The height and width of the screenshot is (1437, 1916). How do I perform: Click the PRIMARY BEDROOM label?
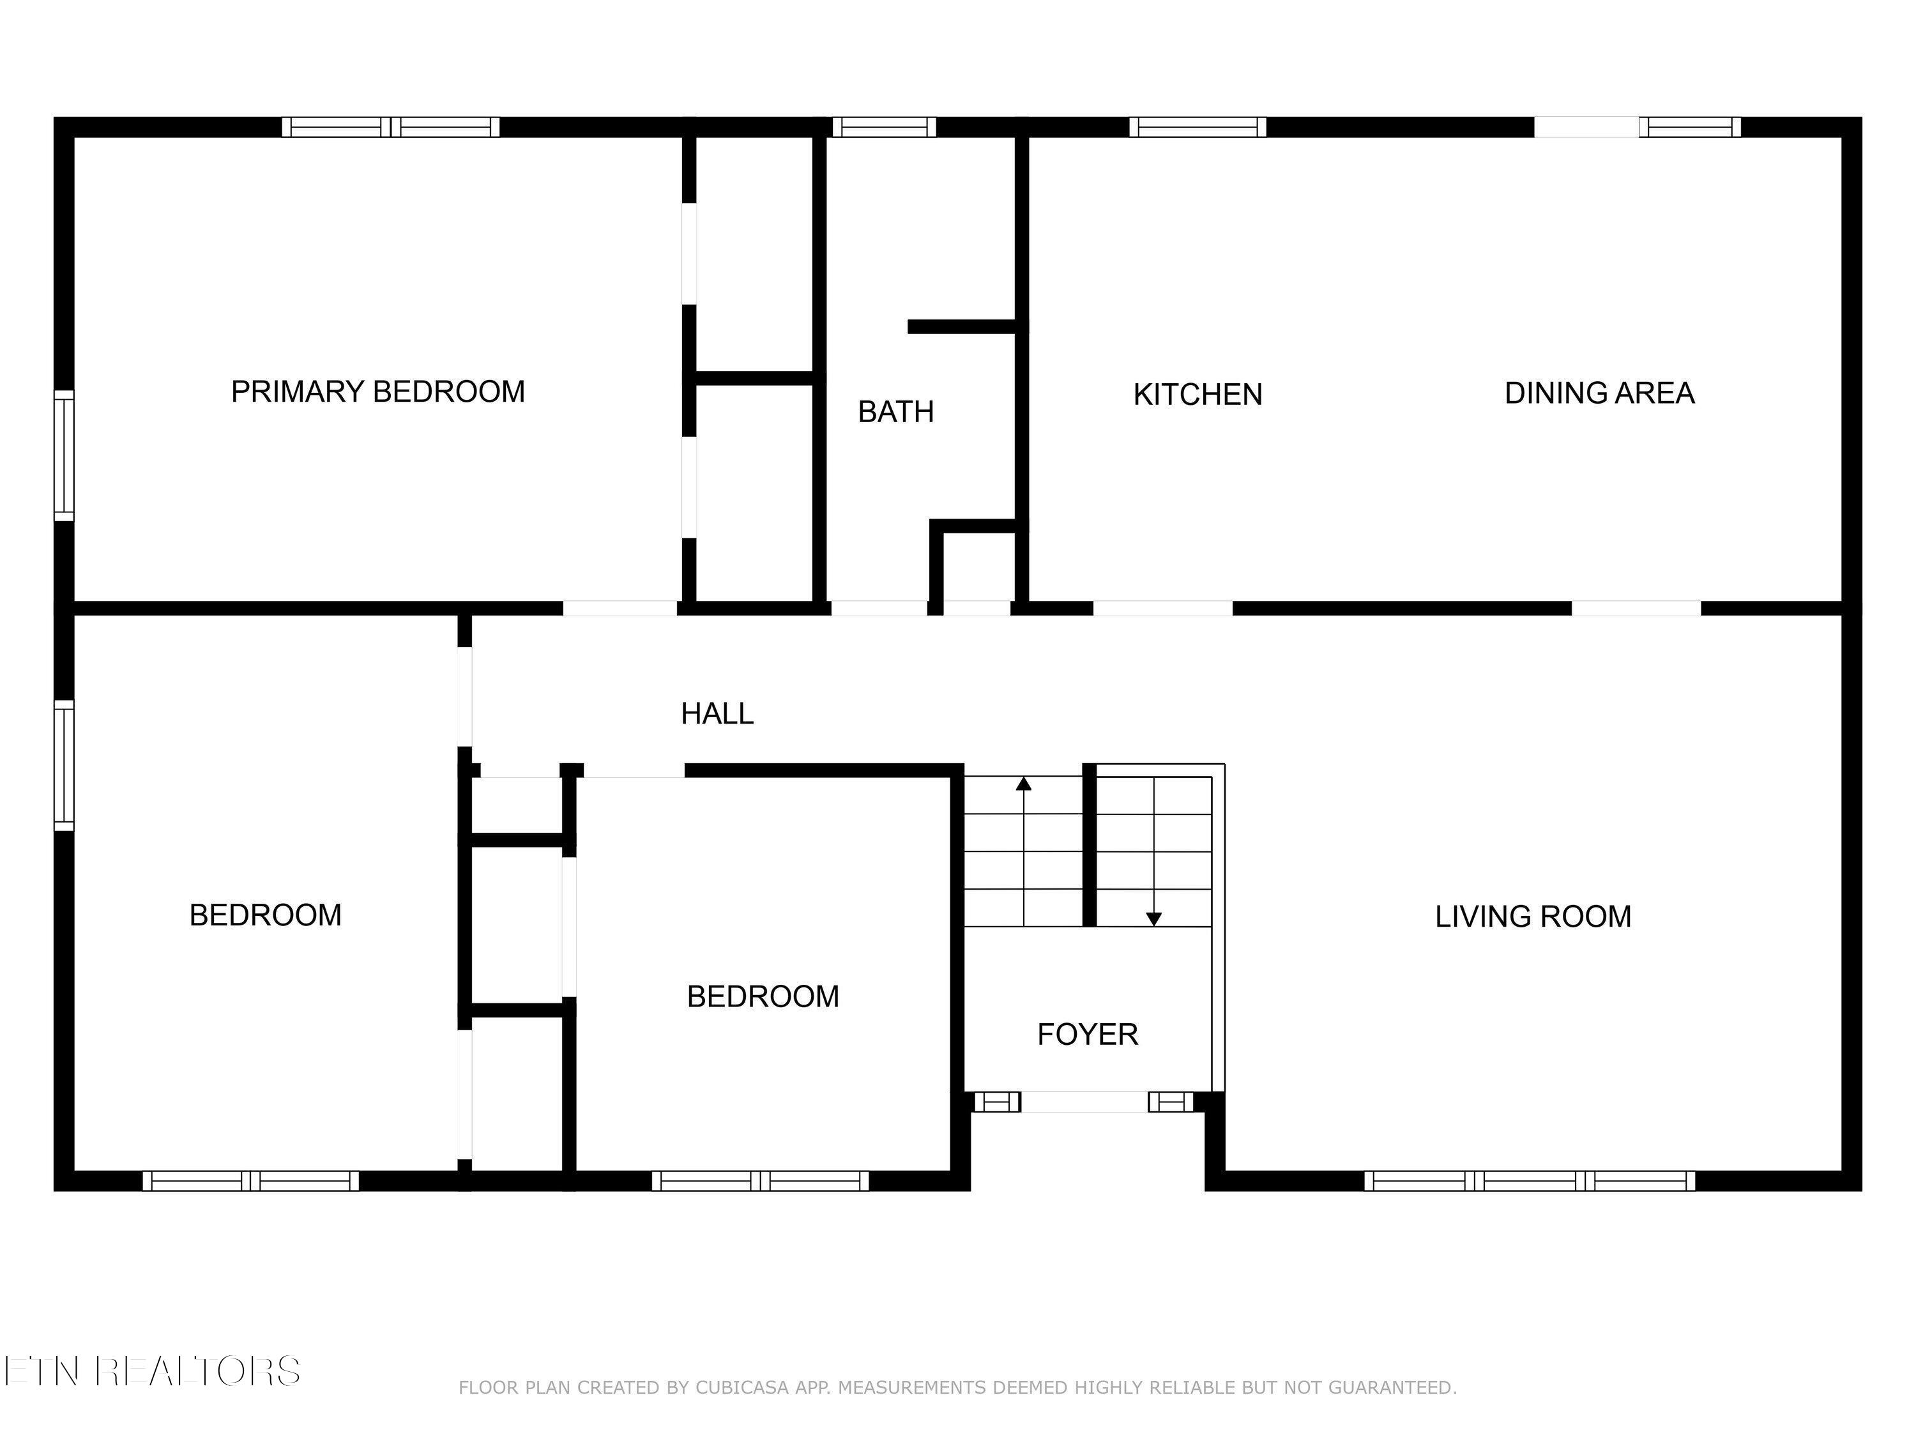click(x=377, y=392)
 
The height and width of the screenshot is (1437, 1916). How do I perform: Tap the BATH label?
click(x=895, y=411)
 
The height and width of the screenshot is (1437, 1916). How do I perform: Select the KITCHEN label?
click(x=1198, y=395)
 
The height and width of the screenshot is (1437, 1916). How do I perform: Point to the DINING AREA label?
click(x=1599, y=393)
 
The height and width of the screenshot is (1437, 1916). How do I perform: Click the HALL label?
click(x=717, y=714)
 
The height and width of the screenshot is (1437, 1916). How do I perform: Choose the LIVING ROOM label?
click(x=1533, y=916)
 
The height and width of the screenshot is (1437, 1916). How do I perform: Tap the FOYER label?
click(x=1087, y=1034)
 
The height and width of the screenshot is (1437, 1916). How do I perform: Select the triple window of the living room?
click(x=1530, y=1181)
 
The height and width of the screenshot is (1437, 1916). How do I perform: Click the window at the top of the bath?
click(x=885, y=127)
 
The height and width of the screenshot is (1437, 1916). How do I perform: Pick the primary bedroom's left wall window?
click(x=64, y=455)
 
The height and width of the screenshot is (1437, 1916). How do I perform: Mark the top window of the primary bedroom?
click(x=391, y=127)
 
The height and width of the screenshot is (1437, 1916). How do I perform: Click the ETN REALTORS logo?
click(x=151, y=1371)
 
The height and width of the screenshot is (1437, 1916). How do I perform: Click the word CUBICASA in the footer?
click(x=742, y=1388)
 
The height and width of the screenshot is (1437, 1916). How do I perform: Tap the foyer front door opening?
click(x=1084, y=1102)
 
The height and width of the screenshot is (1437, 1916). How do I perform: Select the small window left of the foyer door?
click(x=997, y=1102)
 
